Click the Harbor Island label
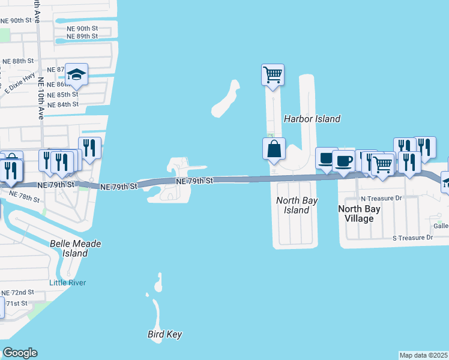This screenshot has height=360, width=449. pyautogui.click(x=312, y=119)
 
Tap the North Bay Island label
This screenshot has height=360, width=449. pyautogui.click(x=296, y=205)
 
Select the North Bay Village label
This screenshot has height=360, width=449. pyautogui.click(x=359, y=214)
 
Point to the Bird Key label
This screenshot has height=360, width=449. pyautogui.click(x=164, y=334)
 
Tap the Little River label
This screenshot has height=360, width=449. pyautogui.click(x=67, y=283)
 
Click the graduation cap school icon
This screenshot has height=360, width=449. pyautogui.click(x=77, y=74)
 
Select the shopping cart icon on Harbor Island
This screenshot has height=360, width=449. pyautogui.click(x=273, y=75)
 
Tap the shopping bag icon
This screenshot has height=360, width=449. pyautogui.click(x=274, y=149)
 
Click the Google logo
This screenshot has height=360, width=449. pyautogui.click(x=20, y=353)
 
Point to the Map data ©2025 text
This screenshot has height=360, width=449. pyautogui.click(x=423, y=355)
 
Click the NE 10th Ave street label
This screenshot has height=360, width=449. pyautogui.click(x=41, y=98)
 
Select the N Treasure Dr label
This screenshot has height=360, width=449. pyautogui.click(x=381, y=198)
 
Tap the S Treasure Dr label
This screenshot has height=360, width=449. pyautogui.click(x=412, y=238)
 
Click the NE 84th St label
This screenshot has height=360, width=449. pyautogui.click(x=64, y=104)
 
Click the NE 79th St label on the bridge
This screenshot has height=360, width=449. pyautogui.click(x=194, y=181)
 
